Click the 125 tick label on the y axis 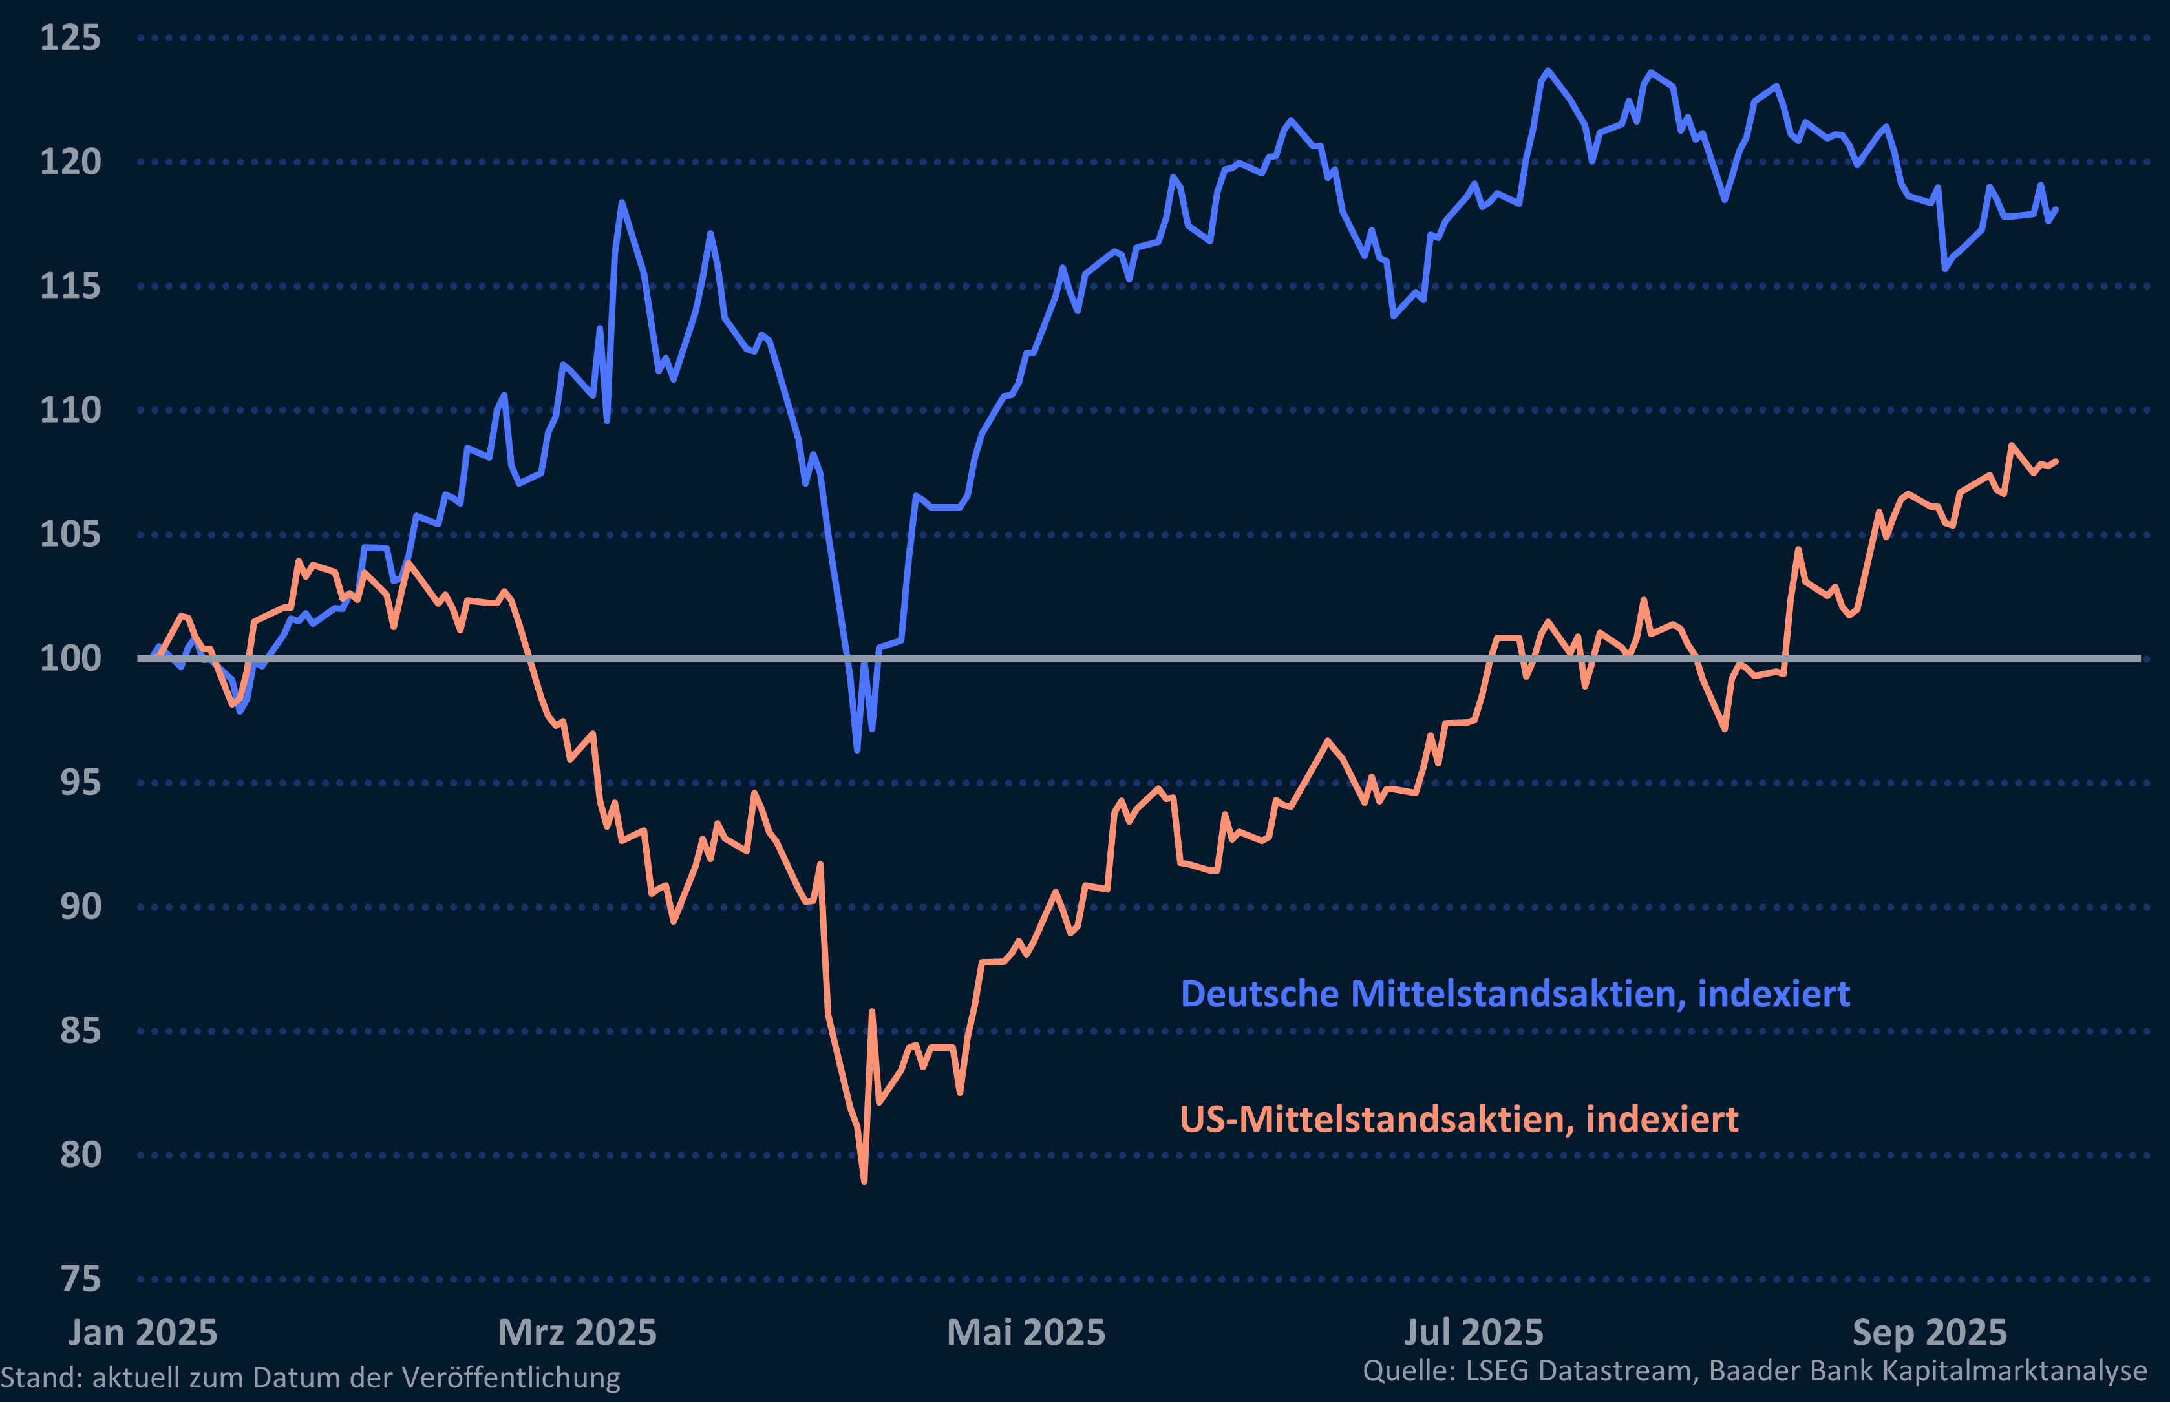[x=70, y=38]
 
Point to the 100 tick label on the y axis [x=70, y=658]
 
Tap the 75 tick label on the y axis [x=80, y=1279]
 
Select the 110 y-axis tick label [x=70, y=410]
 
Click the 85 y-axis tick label [x=80, y=1030]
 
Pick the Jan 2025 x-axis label [x=143, y=1333]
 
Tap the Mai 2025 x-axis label [x=1026, y=1333]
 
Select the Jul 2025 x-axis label [x=1473, y=1333]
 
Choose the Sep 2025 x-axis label [x=1930, y=1333]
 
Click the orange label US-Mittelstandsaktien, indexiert [x=1458, y=1119]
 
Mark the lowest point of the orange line [x=864, y=1181]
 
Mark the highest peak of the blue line [x=1548, y=70]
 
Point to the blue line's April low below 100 [x=857, y=750]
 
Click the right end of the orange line [x=2056, y=462]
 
